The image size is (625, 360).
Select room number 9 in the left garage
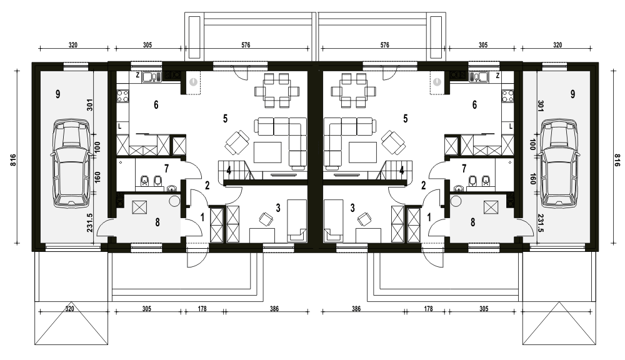tap(57, 94)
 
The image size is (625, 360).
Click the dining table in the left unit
tap(276, 91)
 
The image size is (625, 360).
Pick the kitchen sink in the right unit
tap(482, 77)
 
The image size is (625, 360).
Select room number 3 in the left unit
tap(277, 207)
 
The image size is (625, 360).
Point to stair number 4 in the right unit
tap(401, 169)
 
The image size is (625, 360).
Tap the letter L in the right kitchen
tap(511, 126)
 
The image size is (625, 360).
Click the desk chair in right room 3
tap(364, 219)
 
